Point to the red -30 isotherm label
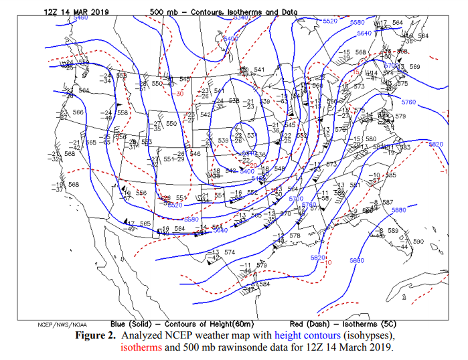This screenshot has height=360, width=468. [179, 94]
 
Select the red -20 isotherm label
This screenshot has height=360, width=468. [252, 165]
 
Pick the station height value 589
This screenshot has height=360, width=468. [394, 230]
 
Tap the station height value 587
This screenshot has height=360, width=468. [388, 202]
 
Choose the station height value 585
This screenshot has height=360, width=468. [391, 175]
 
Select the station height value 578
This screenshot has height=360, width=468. [295, 236]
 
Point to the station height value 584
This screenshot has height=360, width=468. [264, 284]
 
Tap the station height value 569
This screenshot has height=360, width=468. [415, 66]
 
